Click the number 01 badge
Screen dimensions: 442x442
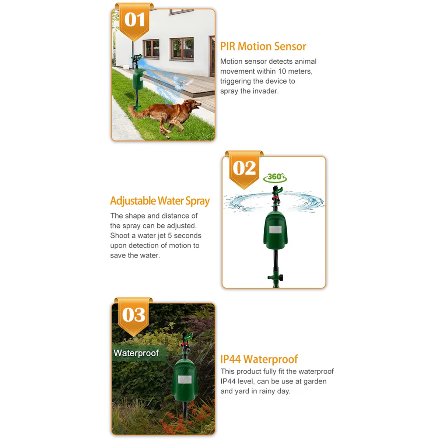coord(134,20)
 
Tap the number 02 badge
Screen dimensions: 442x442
coord(244,168)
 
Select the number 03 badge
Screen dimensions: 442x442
coord(134,315)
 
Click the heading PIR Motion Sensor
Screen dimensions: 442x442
coord(263,46)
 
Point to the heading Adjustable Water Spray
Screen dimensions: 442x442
coord(159,201)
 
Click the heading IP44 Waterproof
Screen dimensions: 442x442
coord(259,359)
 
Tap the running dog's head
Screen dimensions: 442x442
coord(193,105)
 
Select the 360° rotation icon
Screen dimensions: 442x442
coord(275,177)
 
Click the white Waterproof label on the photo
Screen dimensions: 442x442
coord(136,353)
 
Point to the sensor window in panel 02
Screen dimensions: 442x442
coord(275,230)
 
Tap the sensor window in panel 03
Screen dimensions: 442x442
coord(184,379)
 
